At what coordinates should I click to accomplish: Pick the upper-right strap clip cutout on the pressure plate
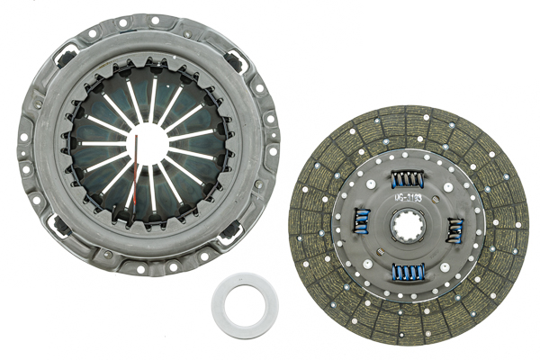pos(237,62)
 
